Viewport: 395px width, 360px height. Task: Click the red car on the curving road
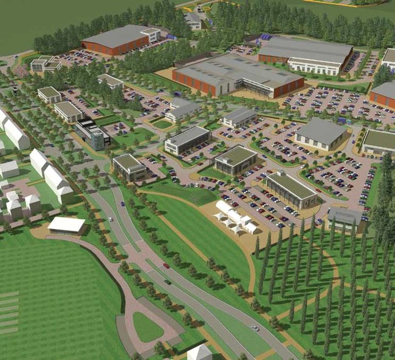coord(166,266)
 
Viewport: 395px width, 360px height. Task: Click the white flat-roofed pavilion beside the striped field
coord(66,225)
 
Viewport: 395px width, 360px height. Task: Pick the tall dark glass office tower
coord(92,134)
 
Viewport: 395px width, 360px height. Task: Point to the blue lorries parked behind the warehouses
coord(267,37)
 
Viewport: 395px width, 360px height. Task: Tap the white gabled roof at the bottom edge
coord(199,352)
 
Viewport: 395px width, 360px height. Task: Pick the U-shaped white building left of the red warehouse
coord(46,63)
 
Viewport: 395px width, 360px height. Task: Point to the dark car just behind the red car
coord(168,282)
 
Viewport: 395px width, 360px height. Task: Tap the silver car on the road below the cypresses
coord(255,328)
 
